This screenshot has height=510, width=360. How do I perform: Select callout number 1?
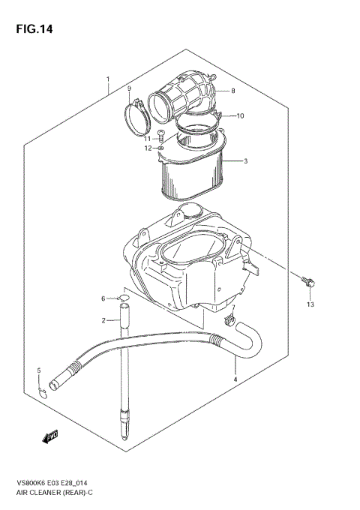[108, 79]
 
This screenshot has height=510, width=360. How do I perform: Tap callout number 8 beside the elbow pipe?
[233, 91]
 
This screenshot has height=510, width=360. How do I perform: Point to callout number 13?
[310, 305]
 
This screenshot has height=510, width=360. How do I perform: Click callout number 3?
[247, 160]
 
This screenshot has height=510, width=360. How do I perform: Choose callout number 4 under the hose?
[235, 379]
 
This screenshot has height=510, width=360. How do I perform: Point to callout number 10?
[240, 116]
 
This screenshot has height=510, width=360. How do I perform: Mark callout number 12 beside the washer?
[148, 148]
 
